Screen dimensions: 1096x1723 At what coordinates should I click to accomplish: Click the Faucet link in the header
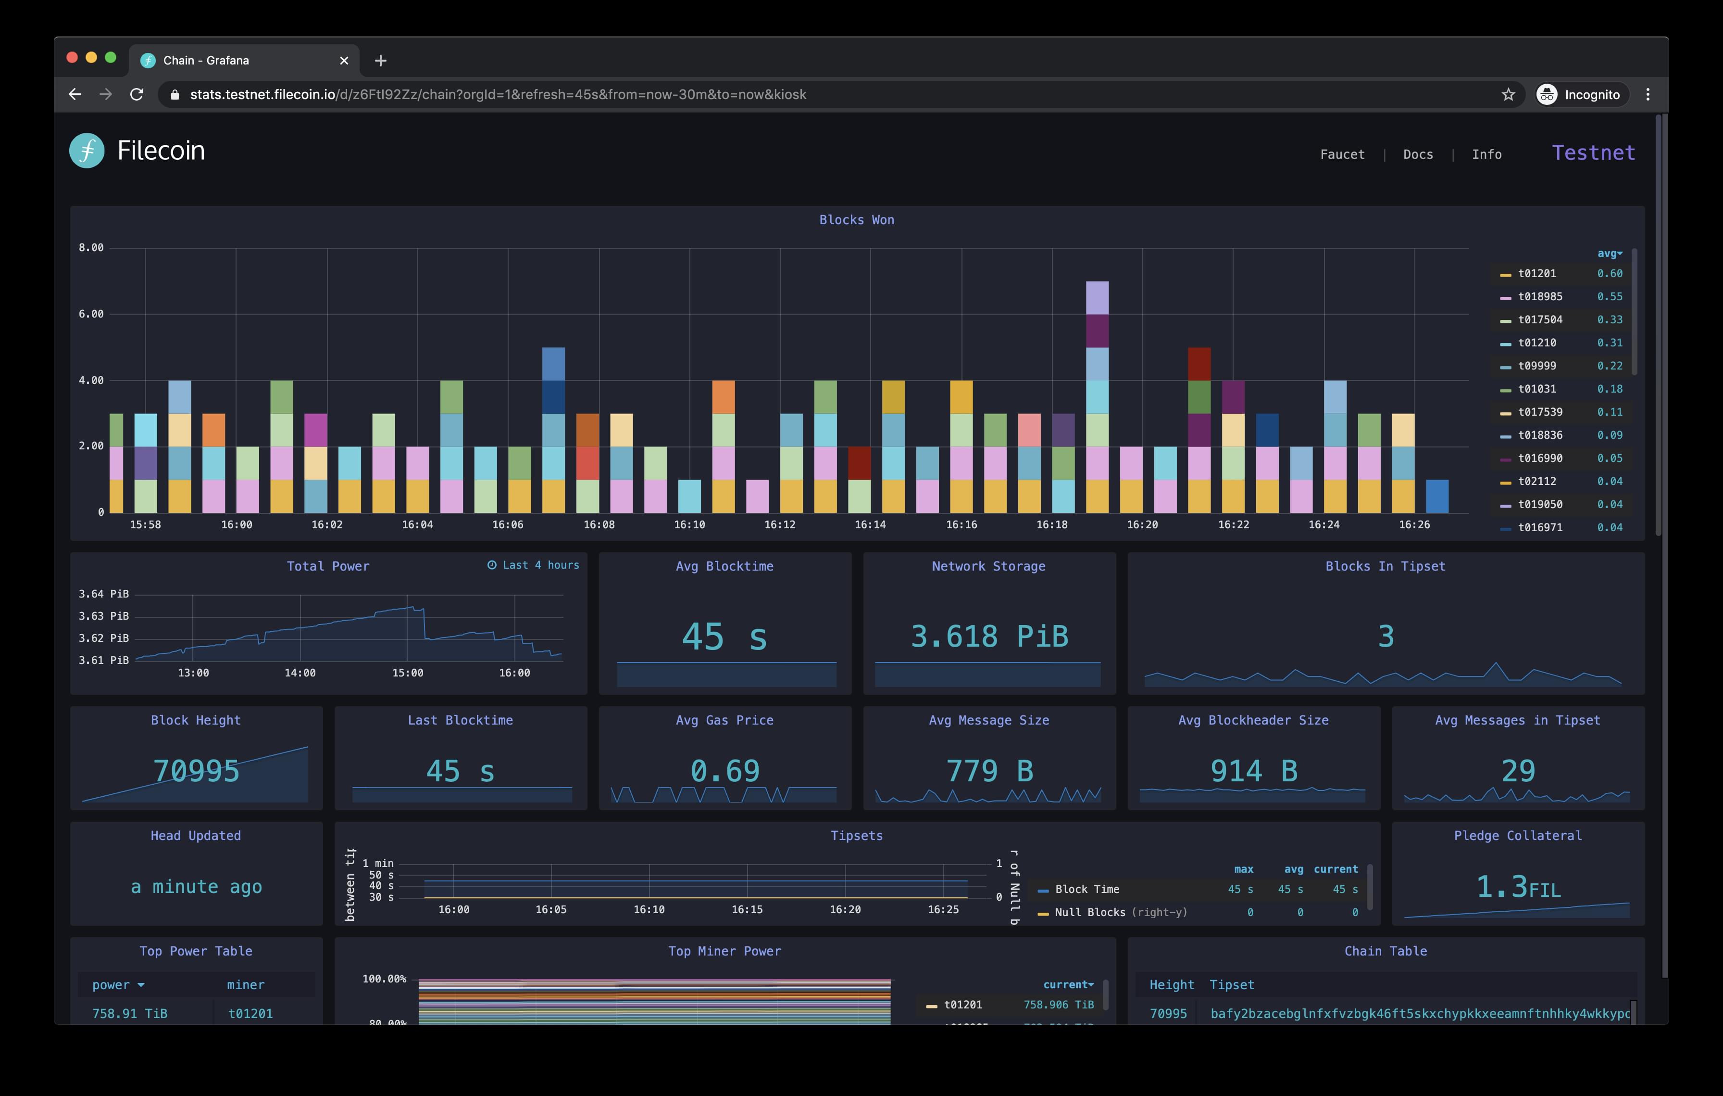1342,154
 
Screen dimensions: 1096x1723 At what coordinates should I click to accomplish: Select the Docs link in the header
1417,154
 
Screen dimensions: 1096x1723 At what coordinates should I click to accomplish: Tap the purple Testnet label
1593,153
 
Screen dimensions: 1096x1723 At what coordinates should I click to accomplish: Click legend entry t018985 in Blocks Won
1540,296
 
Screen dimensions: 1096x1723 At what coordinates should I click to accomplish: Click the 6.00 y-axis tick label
91,314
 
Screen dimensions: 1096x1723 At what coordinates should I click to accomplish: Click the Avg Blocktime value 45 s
724,637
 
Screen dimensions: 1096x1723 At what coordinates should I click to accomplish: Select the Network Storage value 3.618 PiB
989,637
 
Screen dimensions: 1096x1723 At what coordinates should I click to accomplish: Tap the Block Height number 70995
196,771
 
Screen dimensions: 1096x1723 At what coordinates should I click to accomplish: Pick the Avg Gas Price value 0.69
724,771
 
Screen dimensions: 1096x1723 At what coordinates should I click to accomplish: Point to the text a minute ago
196,887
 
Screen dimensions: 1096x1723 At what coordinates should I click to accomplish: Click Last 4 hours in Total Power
534,565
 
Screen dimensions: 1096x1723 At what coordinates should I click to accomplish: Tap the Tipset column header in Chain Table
1231,985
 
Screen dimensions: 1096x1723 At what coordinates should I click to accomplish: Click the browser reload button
137,94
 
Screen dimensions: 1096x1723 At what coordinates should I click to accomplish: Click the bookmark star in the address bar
1508,94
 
